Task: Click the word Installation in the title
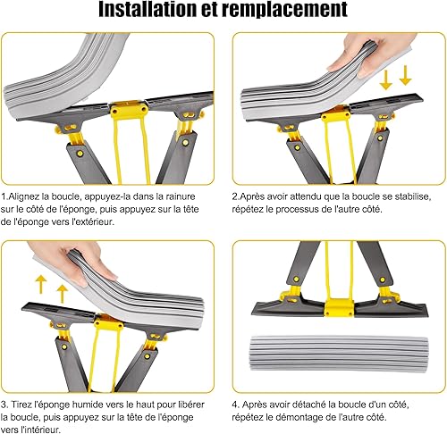click(148, 9)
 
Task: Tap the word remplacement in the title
click(285, 10)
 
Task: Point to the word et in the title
click(210, 10)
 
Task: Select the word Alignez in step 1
click(23, 196)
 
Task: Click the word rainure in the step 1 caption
click(181, 196)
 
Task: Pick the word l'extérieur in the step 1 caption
click(93, 221)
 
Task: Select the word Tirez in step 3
click(21, 405)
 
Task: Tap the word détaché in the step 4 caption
click(308, 405)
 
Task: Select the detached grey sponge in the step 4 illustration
click(340, 354)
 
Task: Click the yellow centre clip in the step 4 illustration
click(339, 308)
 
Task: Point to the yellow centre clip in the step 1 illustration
click(129, 110)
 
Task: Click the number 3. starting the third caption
click(4, 405)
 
